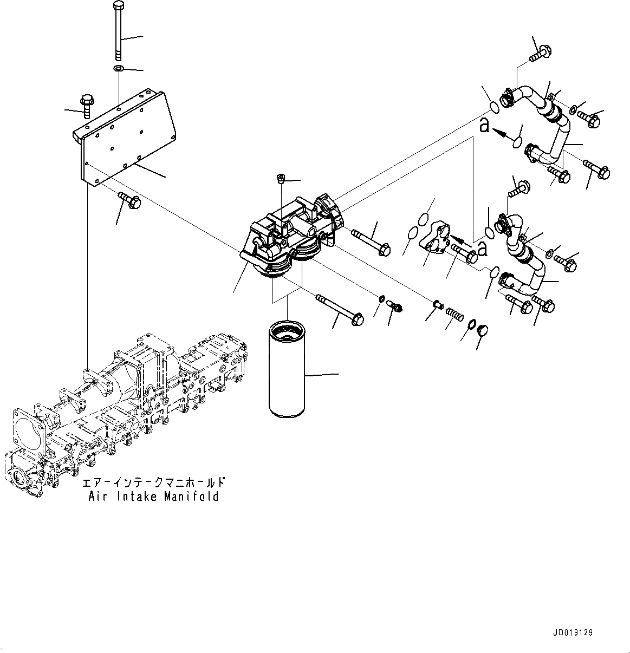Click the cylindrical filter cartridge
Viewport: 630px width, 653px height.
coord(287,369)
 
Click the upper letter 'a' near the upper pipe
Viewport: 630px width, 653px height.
coord(484,126)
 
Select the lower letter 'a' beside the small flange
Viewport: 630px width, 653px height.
coord(482,249)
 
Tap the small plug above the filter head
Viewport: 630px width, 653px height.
coord(281,179)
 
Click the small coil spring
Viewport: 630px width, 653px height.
coord(452,314)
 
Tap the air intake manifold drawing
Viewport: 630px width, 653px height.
coord(125,412)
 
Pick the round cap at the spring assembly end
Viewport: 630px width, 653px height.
coord(482,330)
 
